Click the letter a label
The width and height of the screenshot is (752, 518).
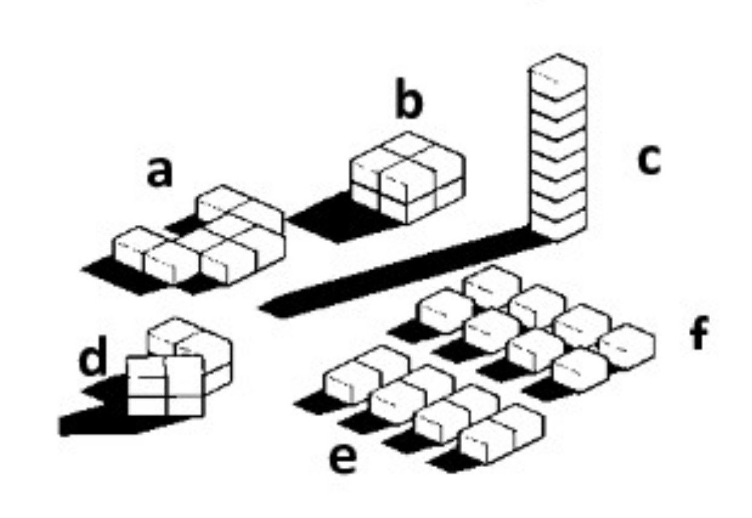[x=159, y=173]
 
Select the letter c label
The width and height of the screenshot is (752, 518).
[x=649, y=161]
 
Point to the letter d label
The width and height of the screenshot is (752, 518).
[x=93, y=358]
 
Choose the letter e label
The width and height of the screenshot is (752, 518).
[x=343, y=459]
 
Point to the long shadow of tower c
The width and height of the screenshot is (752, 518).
[x=394, y=273]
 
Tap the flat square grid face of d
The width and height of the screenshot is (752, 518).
[x=164, y=386]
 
